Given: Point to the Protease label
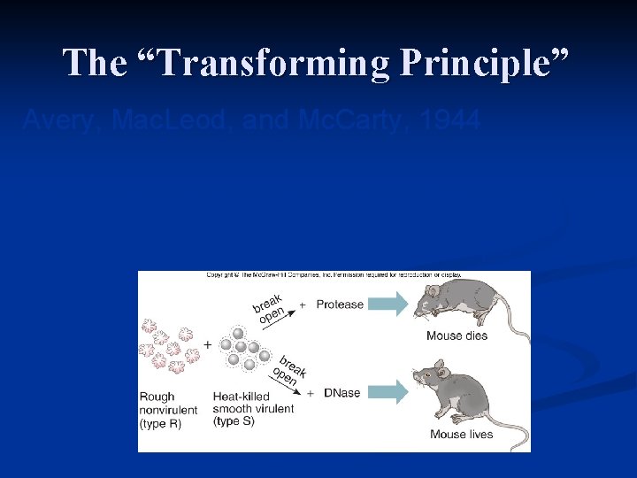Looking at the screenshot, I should (x=340, y=305).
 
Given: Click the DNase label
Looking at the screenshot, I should (x=342, y=393).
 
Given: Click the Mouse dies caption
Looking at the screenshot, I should (x=457, y=335).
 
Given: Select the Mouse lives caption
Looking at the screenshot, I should (x=460, y=434).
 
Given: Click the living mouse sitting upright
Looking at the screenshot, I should (x=460, y=395).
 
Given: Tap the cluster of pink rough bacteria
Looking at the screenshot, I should (x=168, y=347).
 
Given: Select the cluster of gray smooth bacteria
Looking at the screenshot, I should (x=244, y=348).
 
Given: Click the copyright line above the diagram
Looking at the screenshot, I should (x=334, y=275).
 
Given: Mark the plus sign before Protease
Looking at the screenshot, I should (x=303, y=305).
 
